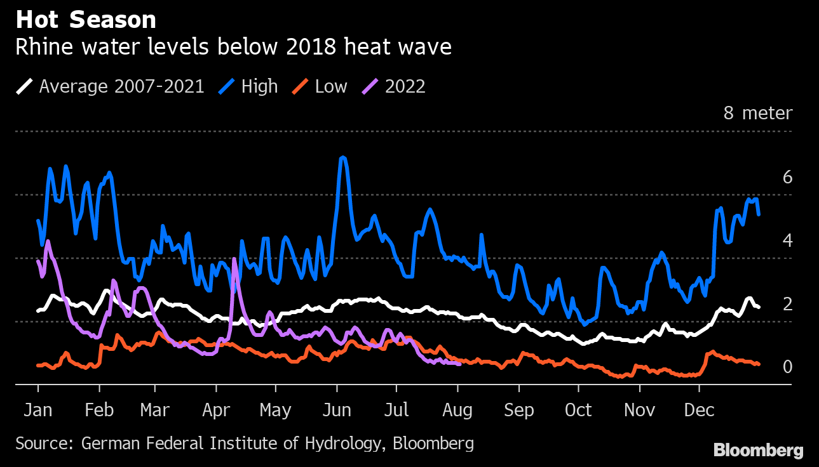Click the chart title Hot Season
pos(86,20)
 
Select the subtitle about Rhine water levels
pos(233,48)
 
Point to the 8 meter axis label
pos(758,114)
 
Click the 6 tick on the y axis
pos(787,177)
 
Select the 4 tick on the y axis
pos(787,240)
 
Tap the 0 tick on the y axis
pos(787,367)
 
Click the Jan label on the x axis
pos(37,411)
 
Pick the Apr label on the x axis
pos(216,411)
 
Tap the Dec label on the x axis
pos(699,411)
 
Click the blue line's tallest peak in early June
pos(342,157)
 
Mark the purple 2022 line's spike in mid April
pos(234,260)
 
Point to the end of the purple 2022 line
pos(459,364)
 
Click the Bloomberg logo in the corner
pos(758,451)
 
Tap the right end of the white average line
pos(759,307)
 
